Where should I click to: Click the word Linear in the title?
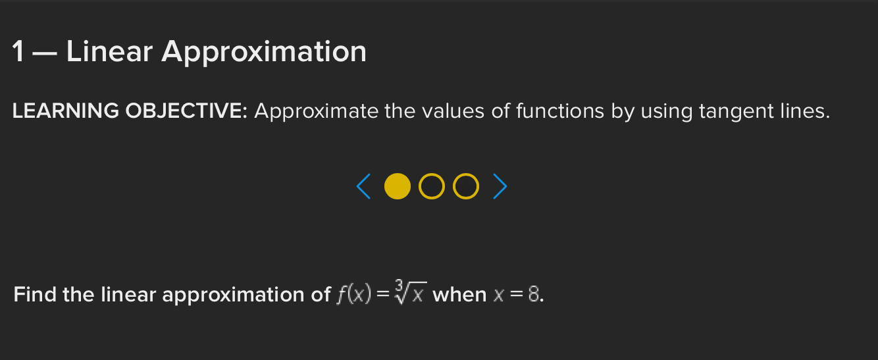point(109,52)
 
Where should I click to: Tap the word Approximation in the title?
point(264,52)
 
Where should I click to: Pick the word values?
point(448,112)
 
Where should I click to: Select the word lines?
point(804,112)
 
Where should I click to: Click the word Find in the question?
point(36,294)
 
